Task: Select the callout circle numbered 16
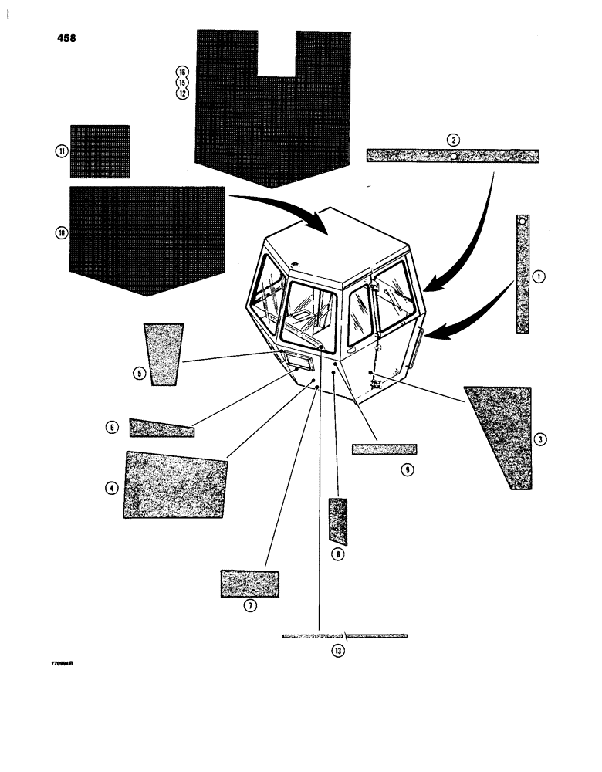point(182,72)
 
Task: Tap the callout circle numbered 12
point(182,93)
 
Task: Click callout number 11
point(61,151)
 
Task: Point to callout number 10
point(61,232)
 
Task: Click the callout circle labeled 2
point(453,140)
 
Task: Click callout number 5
point(139,374)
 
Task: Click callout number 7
point(249,606)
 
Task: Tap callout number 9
point(408,468)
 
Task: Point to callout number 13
point(337,651)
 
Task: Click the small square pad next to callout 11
point(100,151)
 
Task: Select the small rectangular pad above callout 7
point(250,584)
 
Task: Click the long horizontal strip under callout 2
point(452,156)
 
